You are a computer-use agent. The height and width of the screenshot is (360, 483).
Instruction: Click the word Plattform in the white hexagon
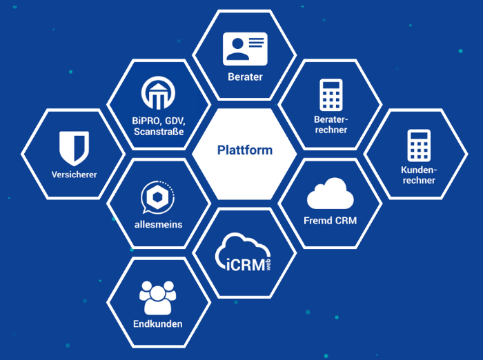tap(245, 150)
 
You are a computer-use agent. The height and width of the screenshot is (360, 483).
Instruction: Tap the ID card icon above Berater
tap(245, 48)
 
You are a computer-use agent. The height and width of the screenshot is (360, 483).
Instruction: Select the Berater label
tap(245, 77)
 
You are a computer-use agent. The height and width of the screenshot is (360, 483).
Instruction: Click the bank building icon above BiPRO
tap(159, 93)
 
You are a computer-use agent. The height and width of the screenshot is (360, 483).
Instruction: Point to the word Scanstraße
tap(159, 131)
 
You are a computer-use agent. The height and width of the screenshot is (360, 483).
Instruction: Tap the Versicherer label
tap(75, 174)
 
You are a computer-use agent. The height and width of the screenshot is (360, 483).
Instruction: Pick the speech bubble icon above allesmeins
tap(159, 196)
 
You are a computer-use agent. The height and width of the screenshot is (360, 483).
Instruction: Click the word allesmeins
tap(159, 223)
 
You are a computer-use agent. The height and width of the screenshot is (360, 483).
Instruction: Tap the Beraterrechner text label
tap(331, 125)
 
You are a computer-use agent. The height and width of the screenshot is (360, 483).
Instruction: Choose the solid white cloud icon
tap(331, 194)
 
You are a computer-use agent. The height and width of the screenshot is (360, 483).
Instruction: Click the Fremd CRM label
tap(331, 221)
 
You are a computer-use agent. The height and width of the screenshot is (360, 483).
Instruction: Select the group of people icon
tap(158, 298)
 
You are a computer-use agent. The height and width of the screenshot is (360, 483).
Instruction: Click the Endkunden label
tap(158, 323)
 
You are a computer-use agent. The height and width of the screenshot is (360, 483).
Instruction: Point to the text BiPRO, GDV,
tap(159, 120)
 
